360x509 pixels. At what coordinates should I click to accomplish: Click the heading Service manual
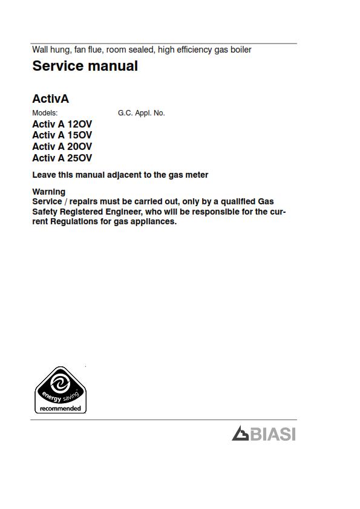[x=85, y=66]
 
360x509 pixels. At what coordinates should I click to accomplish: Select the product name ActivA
[x=50, y=99]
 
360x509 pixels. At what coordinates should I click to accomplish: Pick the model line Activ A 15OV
[x=62, y=135]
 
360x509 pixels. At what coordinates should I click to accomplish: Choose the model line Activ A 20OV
[x=62, y=147]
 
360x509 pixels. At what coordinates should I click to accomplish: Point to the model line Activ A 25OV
[x=62, y=158]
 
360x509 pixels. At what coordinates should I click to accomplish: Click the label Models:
[x=45, y=113]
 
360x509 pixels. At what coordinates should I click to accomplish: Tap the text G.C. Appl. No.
[x=141, y=113]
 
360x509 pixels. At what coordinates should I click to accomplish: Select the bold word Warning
[x=48, y=192]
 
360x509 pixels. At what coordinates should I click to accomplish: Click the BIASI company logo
[x=264, y=433]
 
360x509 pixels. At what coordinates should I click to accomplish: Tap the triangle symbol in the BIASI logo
[x=240, y=433]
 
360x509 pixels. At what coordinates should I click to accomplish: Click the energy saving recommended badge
[x=61, y=390]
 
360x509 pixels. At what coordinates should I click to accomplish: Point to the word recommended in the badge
[x=61, y=409]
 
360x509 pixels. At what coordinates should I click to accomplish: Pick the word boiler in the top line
[x=240, y=50]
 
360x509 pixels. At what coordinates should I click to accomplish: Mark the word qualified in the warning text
[x=235, y=201]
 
